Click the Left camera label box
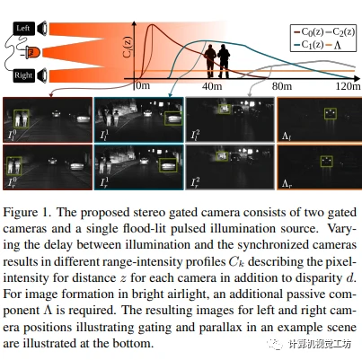click(23, 29)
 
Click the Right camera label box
click(23, 75)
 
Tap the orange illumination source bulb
click(32, 52)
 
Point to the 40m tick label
click(212, 86)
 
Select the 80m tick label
click(281, 86)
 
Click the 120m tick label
click(348, 86)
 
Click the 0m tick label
click(143, 86)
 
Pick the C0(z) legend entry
click(309, 31)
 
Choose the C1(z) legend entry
click(309, 45)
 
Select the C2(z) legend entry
click(340, 31)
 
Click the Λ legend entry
click(333, 45)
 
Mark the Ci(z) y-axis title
click(128, 48)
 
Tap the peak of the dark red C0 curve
click(152, 25)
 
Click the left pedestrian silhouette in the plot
click(210, 61)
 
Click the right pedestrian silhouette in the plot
click(224, 61)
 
